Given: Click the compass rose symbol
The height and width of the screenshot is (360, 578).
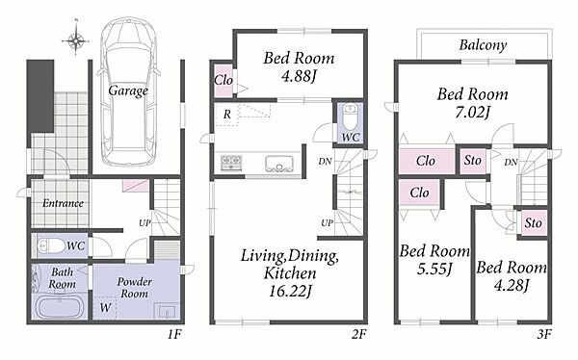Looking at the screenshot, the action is pyautogui.click(x=75, y=39).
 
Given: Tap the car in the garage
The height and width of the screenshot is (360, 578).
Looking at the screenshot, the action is pyautogui.click(x=129, y=92).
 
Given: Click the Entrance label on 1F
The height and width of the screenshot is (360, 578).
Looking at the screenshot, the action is pyautogui.click(x=63, y=203).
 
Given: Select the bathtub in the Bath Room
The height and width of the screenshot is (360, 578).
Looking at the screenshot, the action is pyautogui.click(x=59, y=306).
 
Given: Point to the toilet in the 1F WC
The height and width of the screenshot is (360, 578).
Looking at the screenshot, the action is pyautogui.click(x=52, y=245).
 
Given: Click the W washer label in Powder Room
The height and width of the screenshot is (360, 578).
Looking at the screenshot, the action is pyautogui.click(x=105, y=307).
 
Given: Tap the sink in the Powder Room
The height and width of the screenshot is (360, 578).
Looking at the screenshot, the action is pyautogui.click(x=167, y=311).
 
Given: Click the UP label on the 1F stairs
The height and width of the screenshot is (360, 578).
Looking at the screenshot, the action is pyautogui.click(x=144, y=222).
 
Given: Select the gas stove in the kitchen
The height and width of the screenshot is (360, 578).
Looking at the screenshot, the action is pyautogui.click(x=231, y=163).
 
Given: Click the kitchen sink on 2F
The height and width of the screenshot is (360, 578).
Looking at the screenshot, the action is pyautogui.click(x=279, y=164).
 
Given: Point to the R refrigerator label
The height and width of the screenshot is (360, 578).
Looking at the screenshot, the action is pyautogui.click(x=227, y=115).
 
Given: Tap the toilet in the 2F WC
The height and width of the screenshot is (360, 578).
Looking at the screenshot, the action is pyautogui.click(x=350, y=117).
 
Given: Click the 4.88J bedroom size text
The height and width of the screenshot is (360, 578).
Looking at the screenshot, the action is pyautogui.click(x=299, y=76).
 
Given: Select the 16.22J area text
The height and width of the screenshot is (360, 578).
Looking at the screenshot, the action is pyautogui.click(x=290, y=291).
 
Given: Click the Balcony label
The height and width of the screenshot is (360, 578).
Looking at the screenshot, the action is pyautogui.click(x=483, y=45).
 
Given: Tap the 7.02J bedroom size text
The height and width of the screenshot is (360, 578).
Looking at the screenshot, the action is pyautogui.click(x=473, y=112).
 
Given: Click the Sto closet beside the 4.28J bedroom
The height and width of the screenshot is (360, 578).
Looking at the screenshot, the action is pyautogui.click(x=533, y=223).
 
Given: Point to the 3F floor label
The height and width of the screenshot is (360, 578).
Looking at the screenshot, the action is pyautogui.click(x=543, y=335).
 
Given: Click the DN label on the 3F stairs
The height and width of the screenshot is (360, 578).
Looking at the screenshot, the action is pyautogui.click(x=511, y=162).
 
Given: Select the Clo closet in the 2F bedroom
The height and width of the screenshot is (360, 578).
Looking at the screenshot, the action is pyautogui.click(x=223, y=80).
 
